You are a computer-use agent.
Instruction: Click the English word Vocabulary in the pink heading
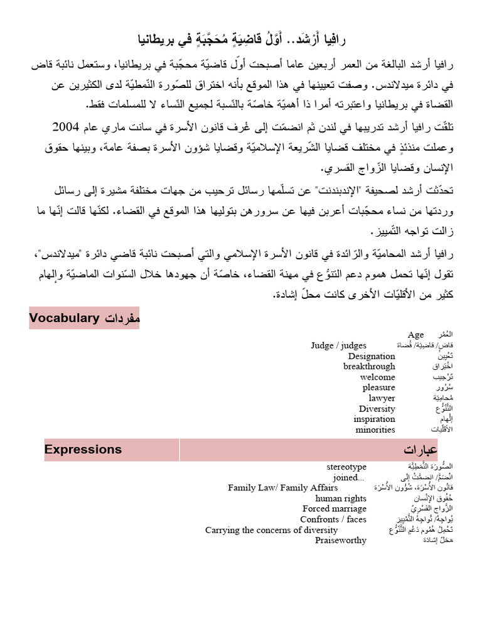tap(64, 319)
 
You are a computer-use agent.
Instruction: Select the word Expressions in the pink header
tap(83, 450)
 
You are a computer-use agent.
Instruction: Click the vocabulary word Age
tap(415, 335)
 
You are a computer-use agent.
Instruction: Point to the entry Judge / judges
tap(338, 345)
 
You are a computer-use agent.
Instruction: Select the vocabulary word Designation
tap(372, 356)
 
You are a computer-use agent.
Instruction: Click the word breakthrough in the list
tap(369, 367)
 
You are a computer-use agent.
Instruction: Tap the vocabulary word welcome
tap(377, 377)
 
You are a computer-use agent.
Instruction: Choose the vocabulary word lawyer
tap(382, 398)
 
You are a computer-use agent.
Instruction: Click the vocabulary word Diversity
tap(377, 409)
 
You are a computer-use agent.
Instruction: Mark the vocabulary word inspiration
tap(374, 419)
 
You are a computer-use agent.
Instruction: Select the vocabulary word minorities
tap(375, 430)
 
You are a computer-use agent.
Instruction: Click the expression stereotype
tap(346, 467)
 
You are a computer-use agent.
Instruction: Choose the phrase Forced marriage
tap(334, 509)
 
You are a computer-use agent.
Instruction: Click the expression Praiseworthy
tap(340, 541)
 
